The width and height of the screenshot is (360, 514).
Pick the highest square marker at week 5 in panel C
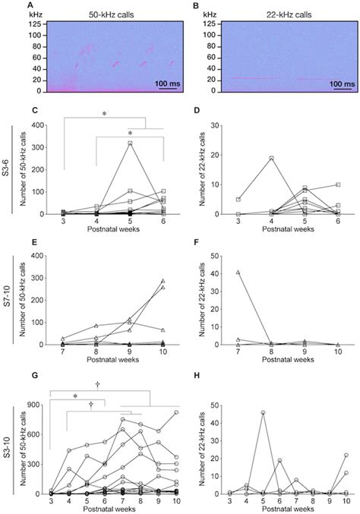coord(130,143)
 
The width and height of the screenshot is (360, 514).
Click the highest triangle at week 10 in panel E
coord(164,281)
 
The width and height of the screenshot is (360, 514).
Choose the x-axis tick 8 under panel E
coord(96,352)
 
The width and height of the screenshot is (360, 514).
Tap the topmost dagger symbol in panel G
coord(97,384)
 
